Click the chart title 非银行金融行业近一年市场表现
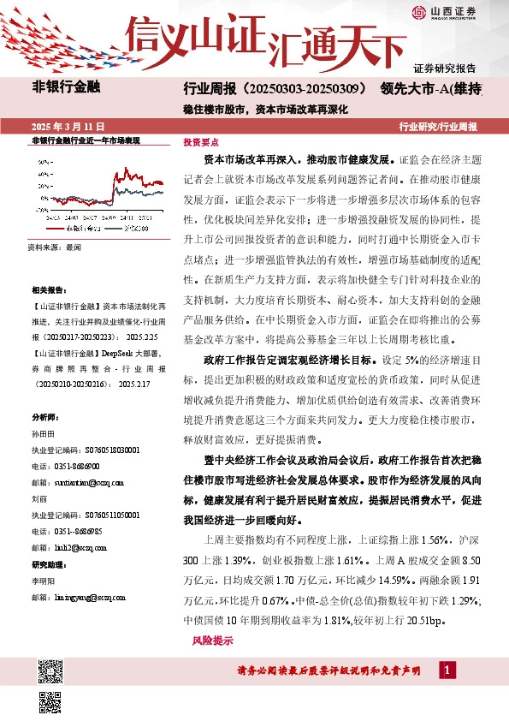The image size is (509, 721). click(x=85, y=140)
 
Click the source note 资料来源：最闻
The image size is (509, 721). click(x=53, y=246)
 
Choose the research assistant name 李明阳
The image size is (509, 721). click(x=42, y=581)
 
